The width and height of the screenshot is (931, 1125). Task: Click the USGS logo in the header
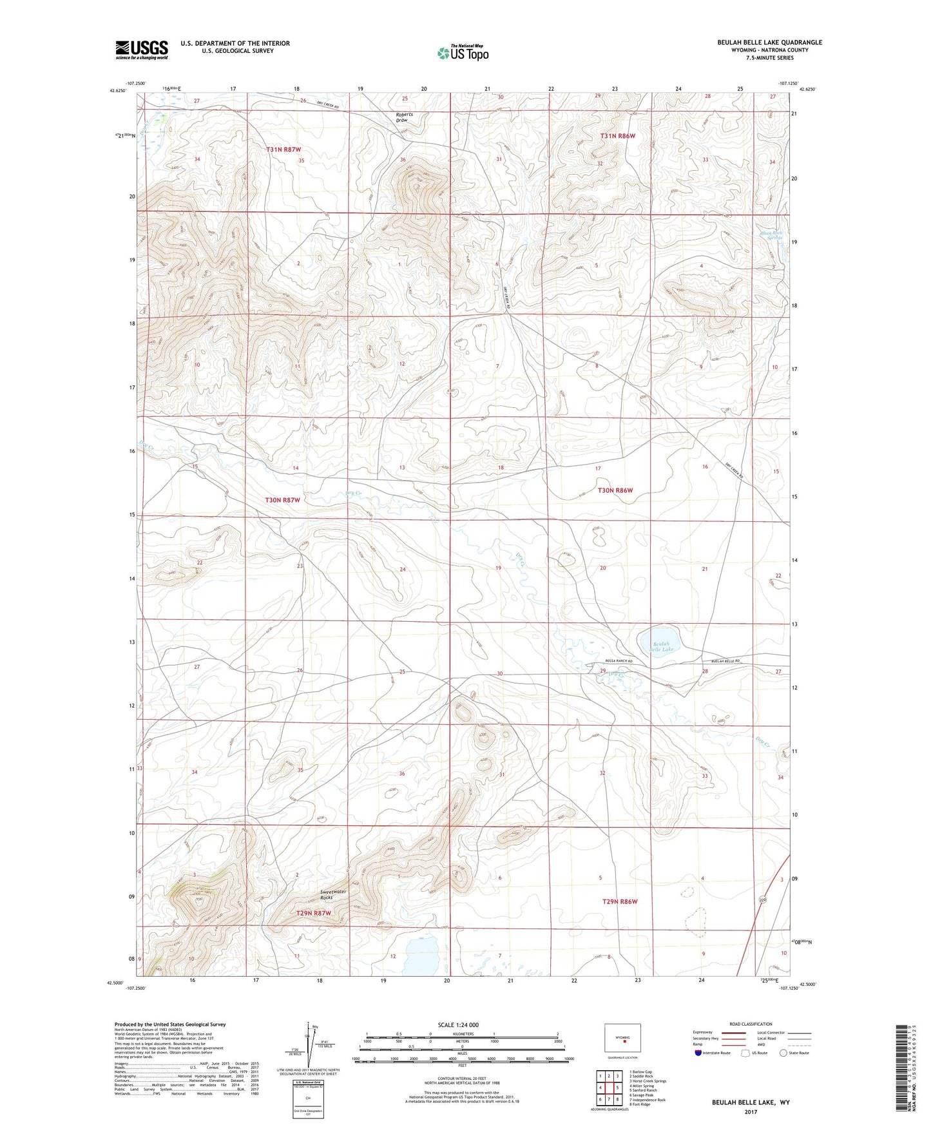[x=141, y=49]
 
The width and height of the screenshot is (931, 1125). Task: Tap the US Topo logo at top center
[x=463, y=53]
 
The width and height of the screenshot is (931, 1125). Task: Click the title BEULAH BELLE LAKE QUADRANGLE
[x=769, y=43]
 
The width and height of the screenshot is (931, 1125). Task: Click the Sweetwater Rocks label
[x=333, y=894]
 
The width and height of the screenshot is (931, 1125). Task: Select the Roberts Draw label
[x=404, y=117]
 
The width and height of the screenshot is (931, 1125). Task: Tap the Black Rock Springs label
[x=771, y=235]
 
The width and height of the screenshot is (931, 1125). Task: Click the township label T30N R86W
[x=615, y=490]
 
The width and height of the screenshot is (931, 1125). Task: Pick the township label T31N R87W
[x=283, y=149]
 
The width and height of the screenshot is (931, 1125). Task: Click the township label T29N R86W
[x=619, y=901]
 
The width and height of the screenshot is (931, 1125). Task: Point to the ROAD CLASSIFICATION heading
[x=751, y=1024]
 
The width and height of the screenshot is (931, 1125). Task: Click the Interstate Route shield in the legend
[x=698, y=1053]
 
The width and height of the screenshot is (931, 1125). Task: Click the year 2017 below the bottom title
[x=750, y=1111]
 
